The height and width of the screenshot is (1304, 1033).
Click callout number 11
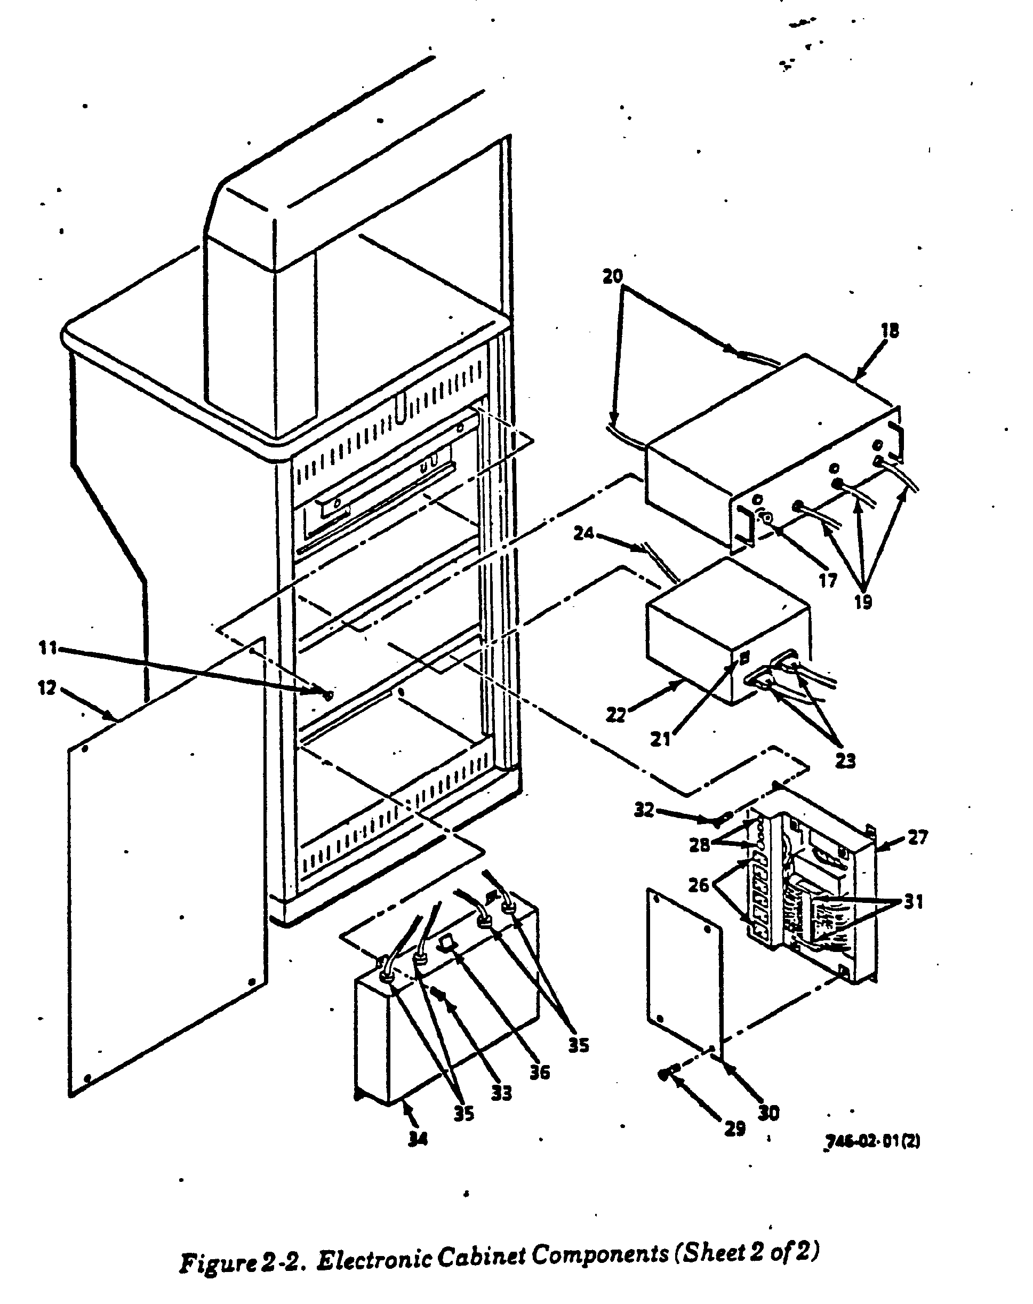point(48,648)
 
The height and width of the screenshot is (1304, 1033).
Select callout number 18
point(890,331)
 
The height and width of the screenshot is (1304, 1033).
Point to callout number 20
point(613,276)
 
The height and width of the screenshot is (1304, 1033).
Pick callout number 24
point(583,534)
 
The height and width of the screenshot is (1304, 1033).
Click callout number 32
point(644,810)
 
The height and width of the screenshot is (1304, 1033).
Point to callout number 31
point(914,902)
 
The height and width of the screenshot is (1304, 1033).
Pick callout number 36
point(540,1073)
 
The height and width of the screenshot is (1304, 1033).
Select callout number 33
point(501,1093)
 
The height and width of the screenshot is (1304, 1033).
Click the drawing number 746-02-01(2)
point(872,1141)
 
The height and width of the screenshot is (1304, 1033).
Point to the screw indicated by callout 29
point(663,1074)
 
